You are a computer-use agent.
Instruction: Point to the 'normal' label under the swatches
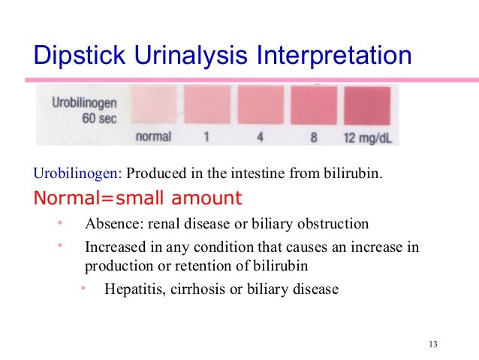point(153,138)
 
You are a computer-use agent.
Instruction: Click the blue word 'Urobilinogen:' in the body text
point(77,176)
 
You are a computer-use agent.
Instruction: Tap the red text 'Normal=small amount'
point(137,198)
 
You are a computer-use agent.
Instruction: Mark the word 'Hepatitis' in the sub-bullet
point(132,287)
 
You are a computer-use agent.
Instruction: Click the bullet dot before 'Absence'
point(59,223)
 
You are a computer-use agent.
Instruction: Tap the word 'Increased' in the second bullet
point(113,246)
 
